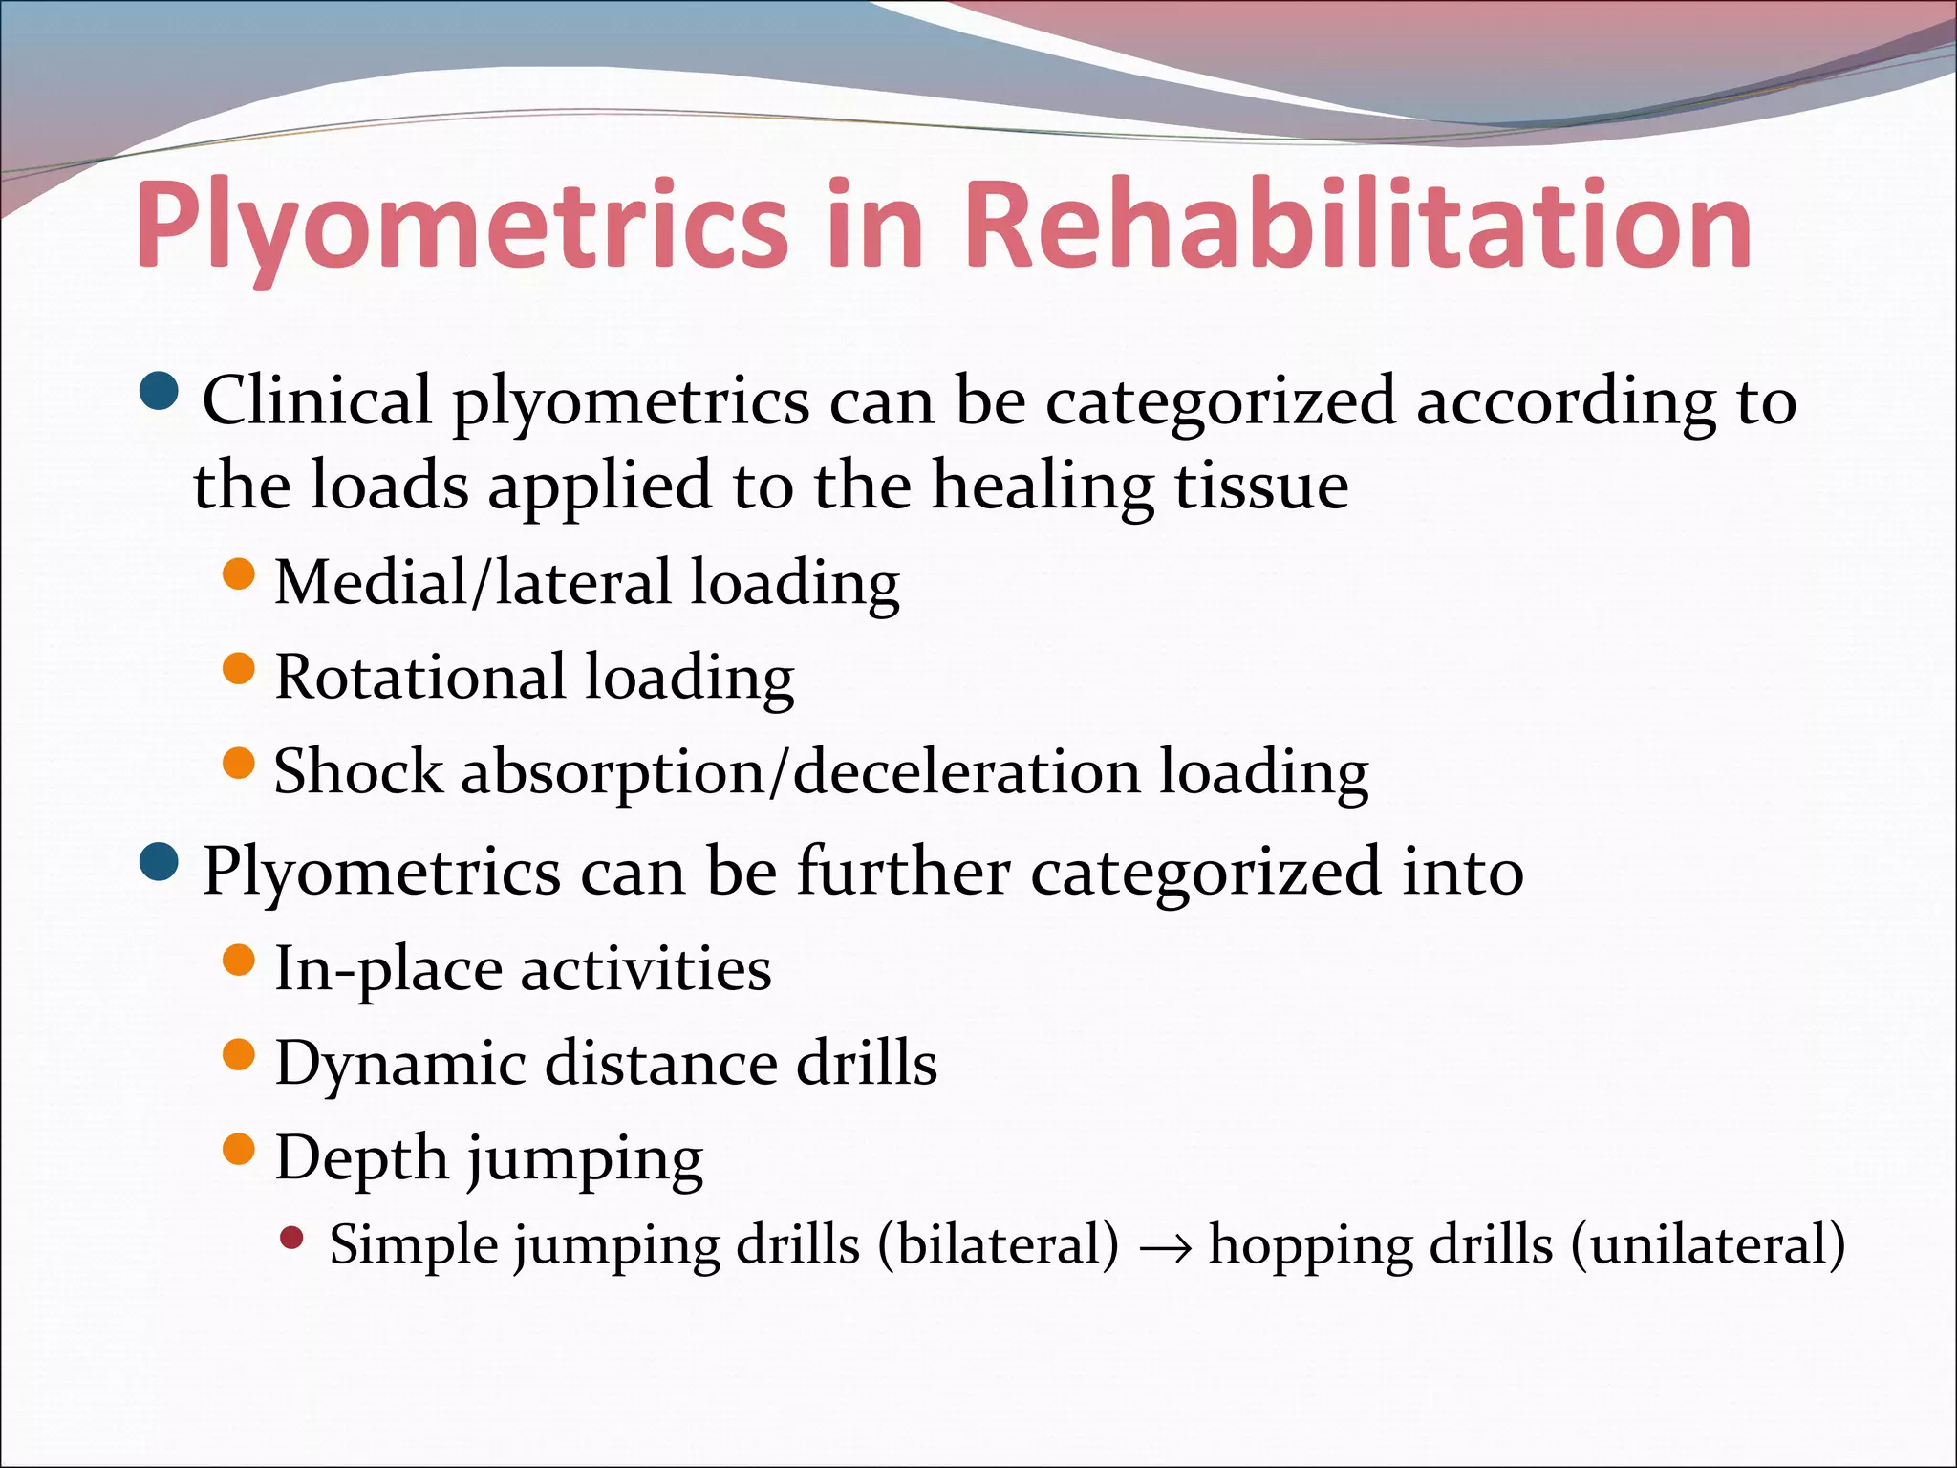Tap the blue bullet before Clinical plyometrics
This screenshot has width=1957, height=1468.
click(x=159, y=391)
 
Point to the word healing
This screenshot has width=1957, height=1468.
click(x=1043, y=486)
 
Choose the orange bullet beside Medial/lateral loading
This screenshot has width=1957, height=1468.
click(x=239, y=574)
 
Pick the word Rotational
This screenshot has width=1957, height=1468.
click(x=420, y=677)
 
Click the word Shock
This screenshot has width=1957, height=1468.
click(x=358, y=770)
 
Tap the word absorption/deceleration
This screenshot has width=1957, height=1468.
click(x=801, y=772)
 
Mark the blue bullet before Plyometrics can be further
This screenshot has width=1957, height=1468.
click(x=159, y=863)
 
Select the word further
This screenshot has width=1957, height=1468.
click(x=903, y=871)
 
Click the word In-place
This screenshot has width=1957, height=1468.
click(x=388, y=969)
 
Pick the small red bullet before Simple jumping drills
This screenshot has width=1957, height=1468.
click(x=292, y=1240)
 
